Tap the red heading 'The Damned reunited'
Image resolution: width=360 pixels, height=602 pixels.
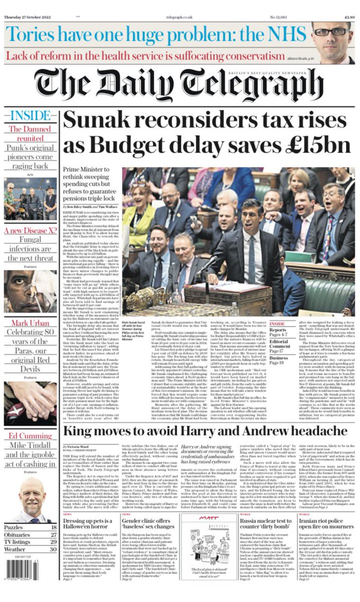(30, 133)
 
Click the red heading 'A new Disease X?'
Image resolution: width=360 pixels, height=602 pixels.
(30, 231)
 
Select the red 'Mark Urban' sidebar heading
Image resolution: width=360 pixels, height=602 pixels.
(30, 323)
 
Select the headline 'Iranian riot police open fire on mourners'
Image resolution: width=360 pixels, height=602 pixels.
(327, 526)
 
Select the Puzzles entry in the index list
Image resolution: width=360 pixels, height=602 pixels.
(30, 527)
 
